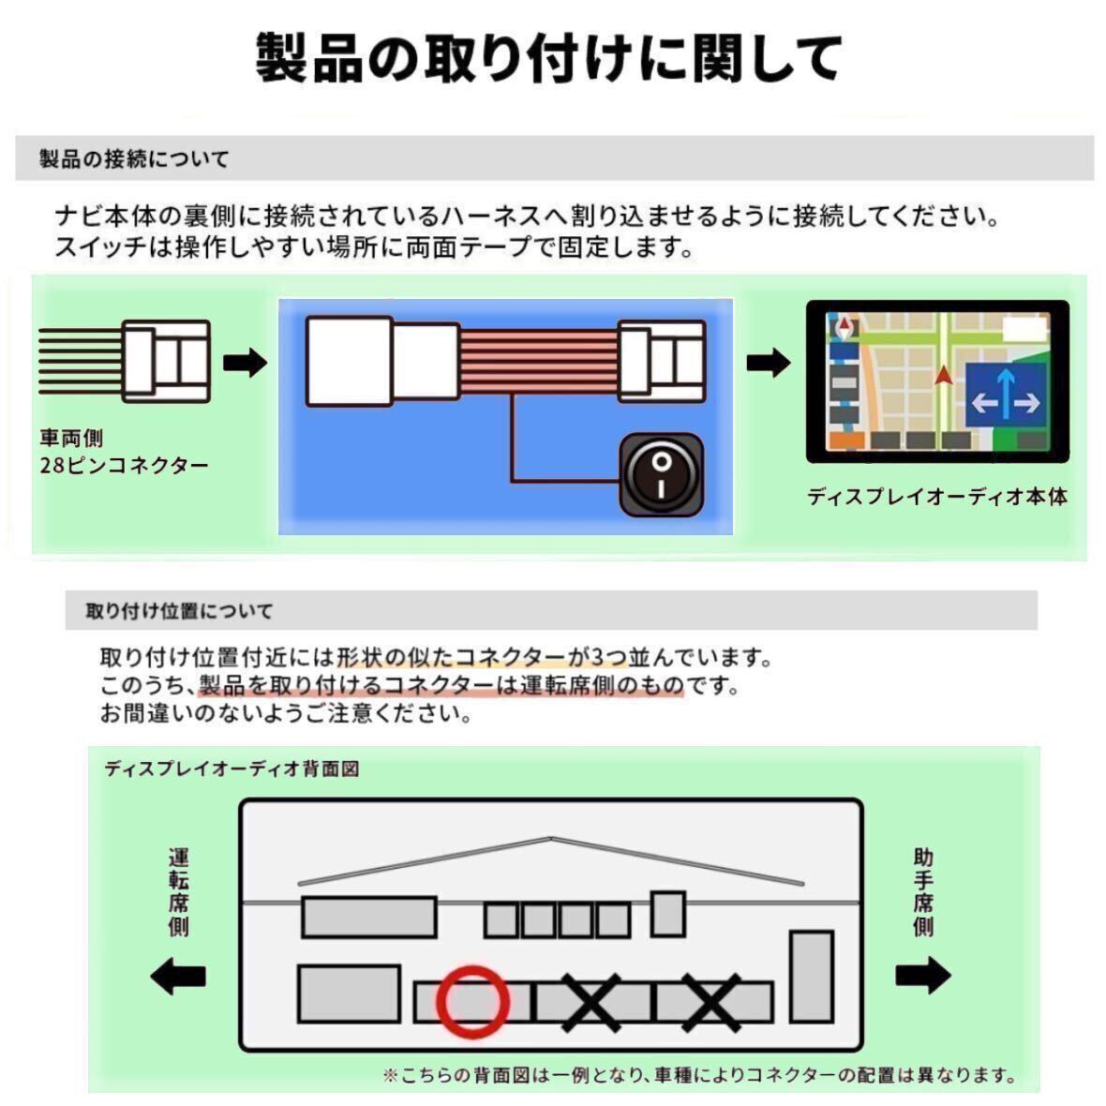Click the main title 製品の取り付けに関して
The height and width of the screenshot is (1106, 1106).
pyautogui.click(x=551, y=58)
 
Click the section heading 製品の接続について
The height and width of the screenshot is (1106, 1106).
pyautogui.click(x=134, y=159)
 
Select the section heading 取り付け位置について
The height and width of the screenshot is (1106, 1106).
pyautogui.click(x=179, y=611)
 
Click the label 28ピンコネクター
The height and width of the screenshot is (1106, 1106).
pyautogui.click(x=124, y=466)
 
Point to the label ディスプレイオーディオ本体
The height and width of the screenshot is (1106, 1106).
pyautogui.click(x=936, y=497)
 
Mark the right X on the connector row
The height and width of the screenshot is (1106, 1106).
pyautogui.click(x=712, y=1001)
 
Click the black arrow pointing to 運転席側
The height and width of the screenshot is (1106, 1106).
pyautogui.click(x=178, y=977)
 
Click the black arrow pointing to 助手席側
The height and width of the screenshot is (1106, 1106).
pyautogui.click(x=923, y=976)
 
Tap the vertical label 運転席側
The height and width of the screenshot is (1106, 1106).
pyautogui.click(x=178, y=891)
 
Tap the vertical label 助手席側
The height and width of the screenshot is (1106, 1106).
pyautogui.click(x=923, y=891)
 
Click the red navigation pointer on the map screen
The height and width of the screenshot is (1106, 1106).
pyautogui.click(x=943, y=375)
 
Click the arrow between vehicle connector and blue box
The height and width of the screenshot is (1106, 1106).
pyautogui.click(x=245, y=363)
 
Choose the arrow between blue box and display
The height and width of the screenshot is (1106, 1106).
pyautogui.click(x=769, y=363)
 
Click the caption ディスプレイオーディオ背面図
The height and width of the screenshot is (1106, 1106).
pyautogui.click(x=232, y=769)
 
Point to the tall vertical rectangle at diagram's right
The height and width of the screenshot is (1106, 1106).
pyautogui.click(x=812, y=976)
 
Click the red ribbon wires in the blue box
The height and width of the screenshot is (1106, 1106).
pyautogui.click(x=538, y=361)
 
